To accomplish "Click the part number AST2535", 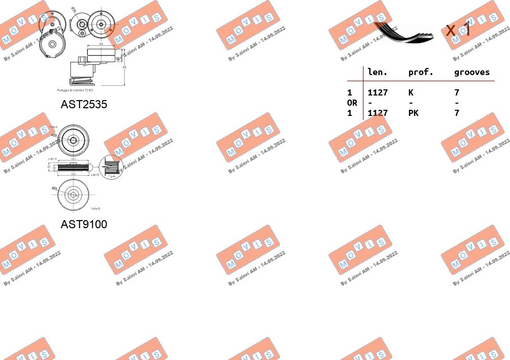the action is point(84,105).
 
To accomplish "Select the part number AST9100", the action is point(84,224).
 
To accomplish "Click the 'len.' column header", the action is point(378,73).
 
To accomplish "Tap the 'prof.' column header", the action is point(421,73).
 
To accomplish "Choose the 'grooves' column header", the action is point(472,73).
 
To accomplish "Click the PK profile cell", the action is point(413,113).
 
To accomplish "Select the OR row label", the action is point(352,103).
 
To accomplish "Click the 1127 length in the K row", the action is point(378,92).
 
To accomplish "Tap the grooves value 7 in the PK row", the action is point(456,113).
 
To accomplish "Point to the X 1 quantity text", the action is point(457,30).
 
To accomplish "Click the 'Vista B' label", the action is point(95,208).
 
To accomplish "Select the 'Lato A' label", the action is point(52,159).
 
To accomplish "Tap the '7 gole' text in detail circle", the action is point(111,176).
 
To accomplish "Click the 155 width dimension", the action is point(74,175).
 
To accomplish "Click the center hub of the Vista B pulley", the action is point(73,195).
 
